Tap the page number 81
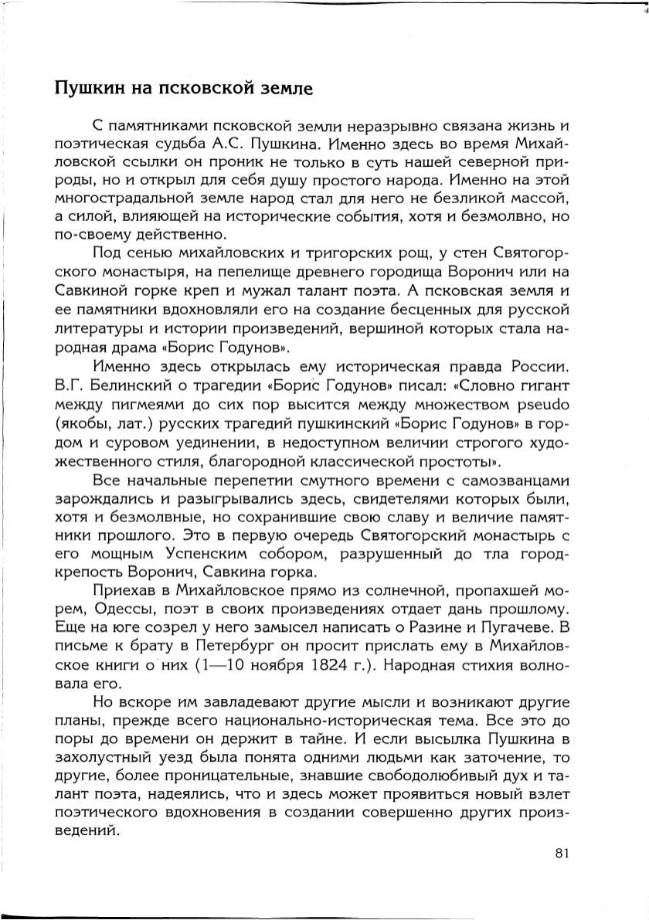coord(562,853)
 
